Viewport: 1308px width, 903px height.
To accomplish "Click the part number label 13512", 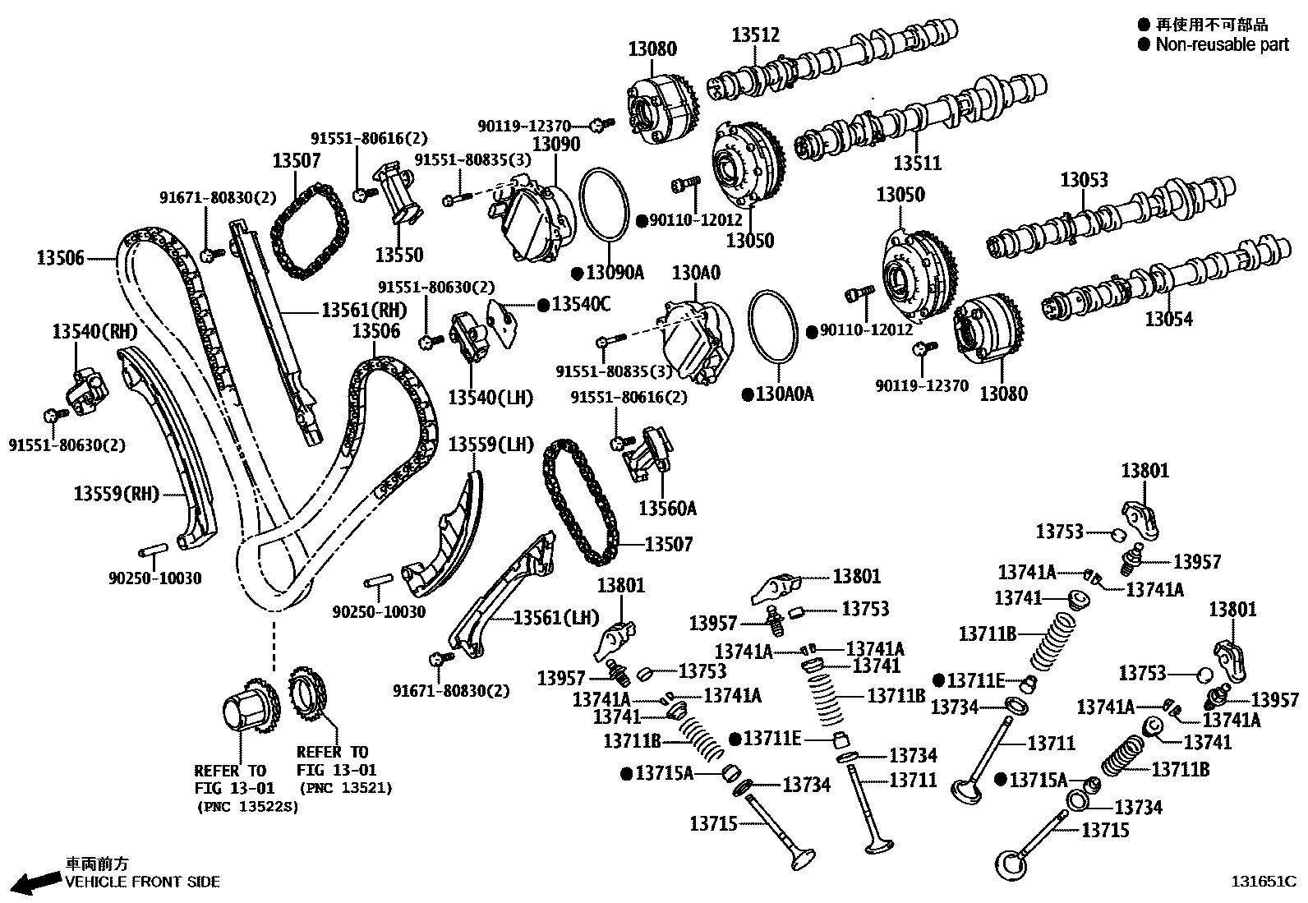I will (755, 35).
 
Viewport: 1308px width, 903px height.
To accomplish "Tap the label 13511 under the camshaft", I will (917, 163).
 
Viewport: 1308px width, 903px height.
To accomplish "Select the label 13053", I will (1084, 179).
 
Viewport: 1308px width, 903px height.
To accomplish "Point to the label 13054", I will (1168, 319).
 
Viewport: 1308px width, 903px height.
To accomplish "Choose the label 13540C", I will (580, 305).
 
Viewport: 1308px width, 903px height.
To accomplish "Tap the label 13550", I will (398, 255).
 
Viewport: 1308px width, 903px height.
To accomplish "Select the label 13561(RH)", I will (363, 311).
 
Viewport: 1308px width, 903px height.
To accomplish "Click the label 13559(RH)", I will (116, 494).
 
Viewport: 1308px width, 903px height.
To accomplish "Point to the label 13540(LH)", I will (490, 398).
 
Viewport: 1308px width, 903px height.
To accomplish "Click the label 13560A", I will (667, 509).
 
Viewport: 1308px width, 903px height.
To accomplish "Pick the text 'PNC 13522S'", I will (246, 807).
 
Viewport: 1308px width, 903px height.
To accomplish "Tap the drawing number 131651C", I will (1262, 882).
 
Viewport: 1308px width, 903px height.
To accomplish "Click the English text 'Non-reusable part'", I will (1222, 44).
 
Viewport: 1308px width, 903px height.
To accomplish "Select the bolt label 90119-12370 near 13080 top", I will (523, 126).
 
